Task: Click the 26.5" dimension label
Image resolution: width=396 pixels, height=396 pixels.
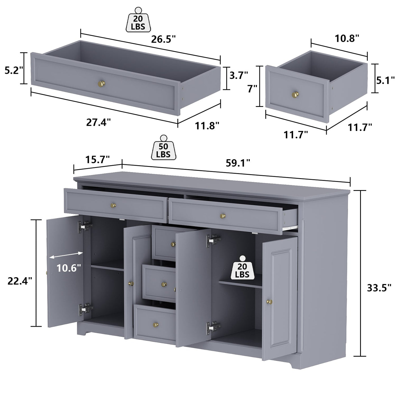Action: coord(163,39)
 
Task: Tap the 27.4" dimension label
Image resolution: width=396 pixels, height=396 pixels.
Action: coord(98,123)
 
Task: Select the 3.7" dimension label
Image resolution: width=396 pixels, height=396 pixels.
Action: coord(238,75)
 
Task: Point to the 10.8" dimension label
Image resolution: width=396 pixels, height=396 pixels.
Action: coord(347,38)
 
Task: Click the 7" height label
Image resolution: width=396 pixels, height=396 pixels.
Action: coord(252,89)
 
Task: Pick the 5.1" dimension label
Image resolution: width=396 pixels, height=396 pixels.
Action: coord(386,80)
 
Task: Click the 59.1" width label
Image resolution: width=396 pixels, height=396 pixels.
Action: coord(238,163)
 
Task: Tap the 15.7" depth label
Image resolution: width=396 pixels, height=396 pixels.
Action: coord(97,160)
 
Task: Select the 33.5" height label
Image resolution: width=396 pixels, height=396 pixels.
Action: coord(379,288)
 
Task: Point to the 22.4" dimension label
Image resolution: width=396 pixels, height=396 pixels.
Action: coord(20,281)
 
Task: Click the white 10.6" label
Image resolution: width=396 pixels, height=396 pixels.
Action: coord(69,268)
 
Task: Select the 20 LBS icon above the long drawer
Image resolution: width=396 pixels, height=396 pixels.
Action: coord(138,20)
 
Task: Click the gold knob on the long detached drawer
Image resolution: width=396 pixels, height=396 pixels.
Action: coord(101,84)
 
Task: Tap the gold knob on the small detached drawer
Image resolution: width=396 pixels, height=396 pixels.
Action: coord(295,94)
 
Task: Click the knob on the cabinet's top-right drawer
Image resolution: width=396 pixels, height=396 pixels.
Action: coord(223,216)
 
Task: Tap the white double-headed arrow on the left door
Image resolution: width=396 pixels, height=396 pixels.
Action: coord(66,255)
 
